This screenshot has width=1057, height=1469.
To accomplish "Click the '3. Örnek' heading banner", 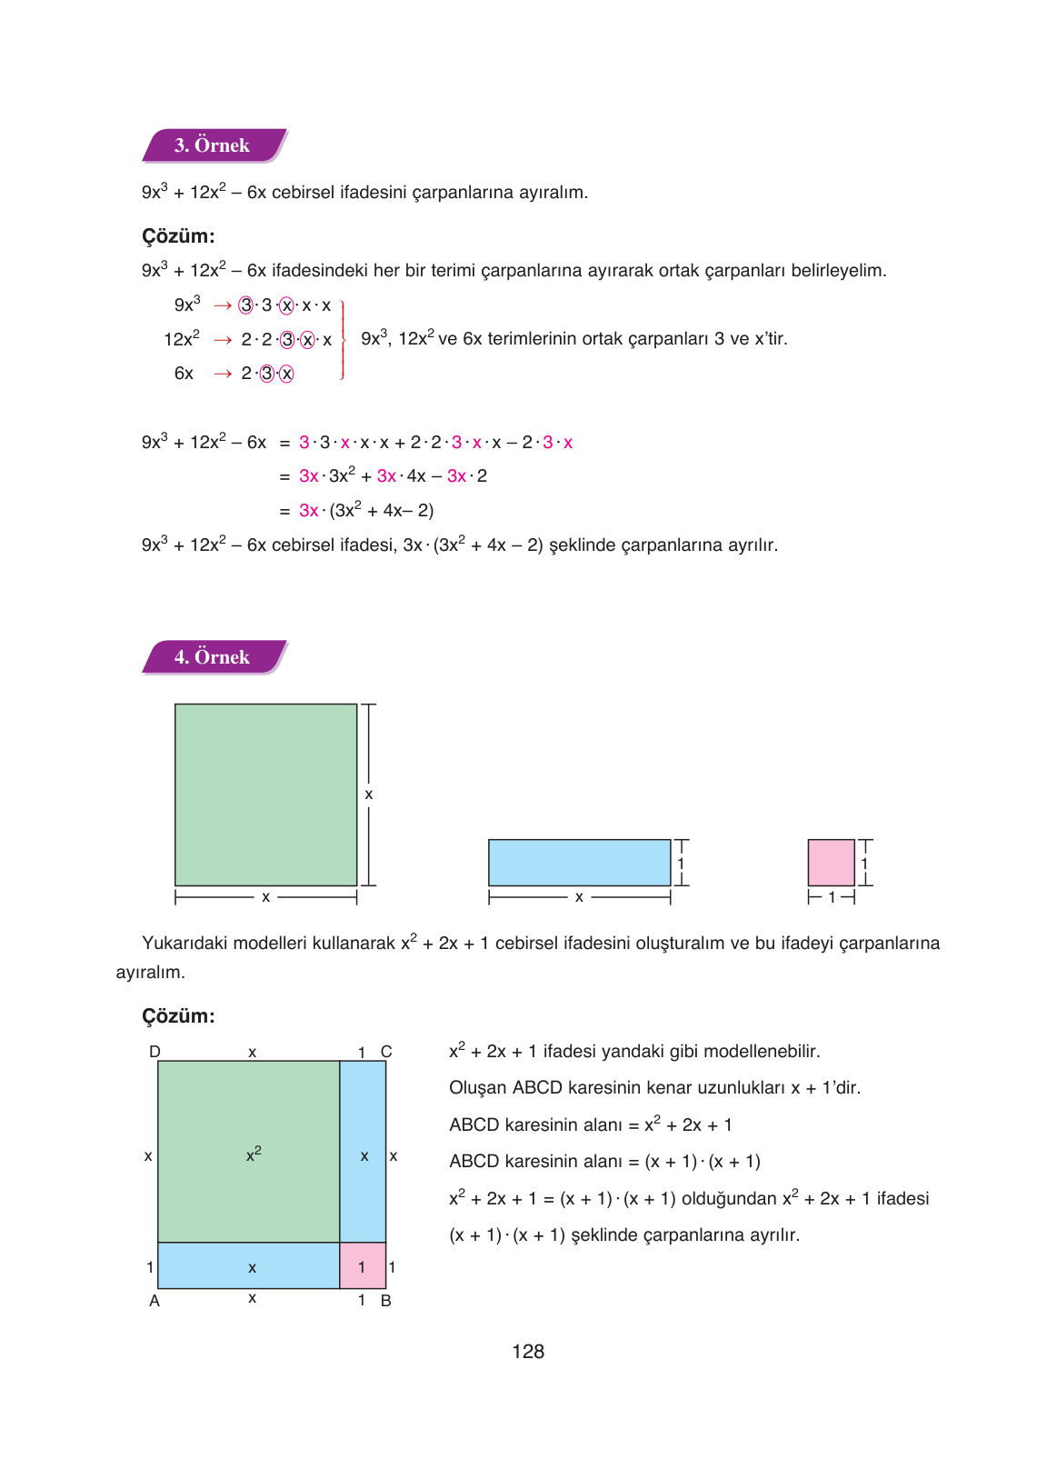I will coord(213,145).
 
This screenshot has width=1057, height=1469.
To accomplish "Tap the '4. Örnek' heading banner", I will coord(213,657).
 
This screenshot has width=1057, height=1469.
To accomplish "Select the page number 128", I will coord(528,1352).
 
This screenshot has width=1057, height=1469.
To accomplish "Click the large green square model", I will coord(265,794).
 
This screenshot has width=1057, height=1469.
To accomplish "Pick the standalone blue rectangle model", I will coord(579,863).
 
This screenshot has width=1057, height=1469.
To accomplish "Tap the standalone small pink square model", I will coord(831,863).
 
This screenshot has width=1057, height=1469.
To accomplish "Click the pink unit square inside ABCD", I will coord(362,1266).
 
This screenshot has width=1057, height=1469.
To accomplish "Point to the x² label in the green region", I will coord(254,1154).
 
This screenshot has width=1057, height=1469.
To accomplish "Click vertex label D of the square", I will coord(155,1052).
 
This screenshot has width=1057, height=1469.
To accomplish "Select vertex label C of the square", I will coord(386,1052).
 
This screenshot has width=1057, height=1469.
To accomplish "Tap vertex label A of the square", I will coord(155,1301).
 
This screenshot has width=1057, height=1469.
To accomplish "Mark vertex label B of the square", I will coord(386,1301).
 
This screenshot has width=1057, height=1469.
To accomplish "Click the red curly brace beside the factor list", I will coord(343,340).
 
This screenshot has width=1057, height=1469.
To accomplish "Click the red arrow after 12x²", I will coord(223,340).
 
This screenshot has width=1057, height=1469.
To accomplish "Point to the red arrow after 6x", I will coord(223,374).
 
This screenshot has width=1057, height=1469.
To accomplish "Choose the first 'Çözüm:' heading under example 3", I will coord(178,236).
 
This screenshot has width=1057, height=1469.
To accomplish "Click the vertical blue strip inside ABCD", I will coord(363,1151).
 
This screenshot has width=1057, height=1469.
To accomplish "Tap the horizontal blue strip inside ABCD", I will coord(248,1266).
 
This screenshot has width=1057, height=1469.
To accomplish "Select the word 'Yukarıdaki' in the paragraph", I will coord(178,944).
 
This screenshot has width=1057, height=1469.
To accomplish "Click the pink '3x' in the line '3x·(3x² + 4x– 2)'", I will coord(308,511).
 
